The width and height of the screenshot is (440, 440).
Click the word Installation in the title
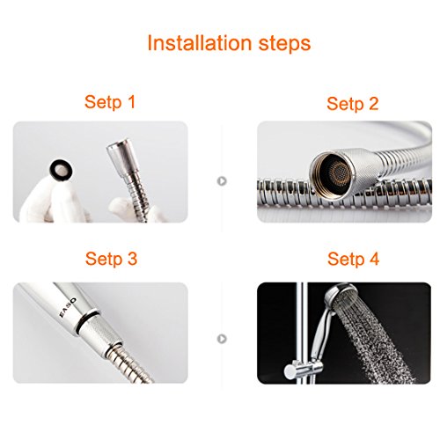point(200,43)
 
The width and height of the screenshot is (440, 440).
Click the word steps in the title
point(284,44)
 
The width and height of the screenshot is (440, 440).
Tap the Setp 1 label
point(110,102)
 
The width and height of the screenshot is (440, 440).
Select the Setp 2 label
point(353,104)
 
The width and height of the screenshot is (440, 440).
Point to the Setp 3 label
point(112,259)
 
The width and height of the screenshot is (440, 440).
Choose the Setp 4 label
point(353,259)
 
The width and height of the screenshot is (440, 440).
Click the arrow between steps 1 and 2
point(222,181)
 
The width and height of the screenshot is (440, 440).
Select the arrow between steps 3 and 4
point(222,339)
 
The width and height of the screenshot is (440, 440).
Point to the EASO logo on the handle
point(68,307)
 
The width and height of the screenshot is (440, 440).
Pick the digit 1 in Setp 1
point(131,102)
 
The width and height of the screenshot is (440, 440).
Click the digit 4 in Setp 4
point(374,259)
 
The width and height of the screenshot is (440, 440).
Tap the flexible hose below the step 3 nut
point(130,363)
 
